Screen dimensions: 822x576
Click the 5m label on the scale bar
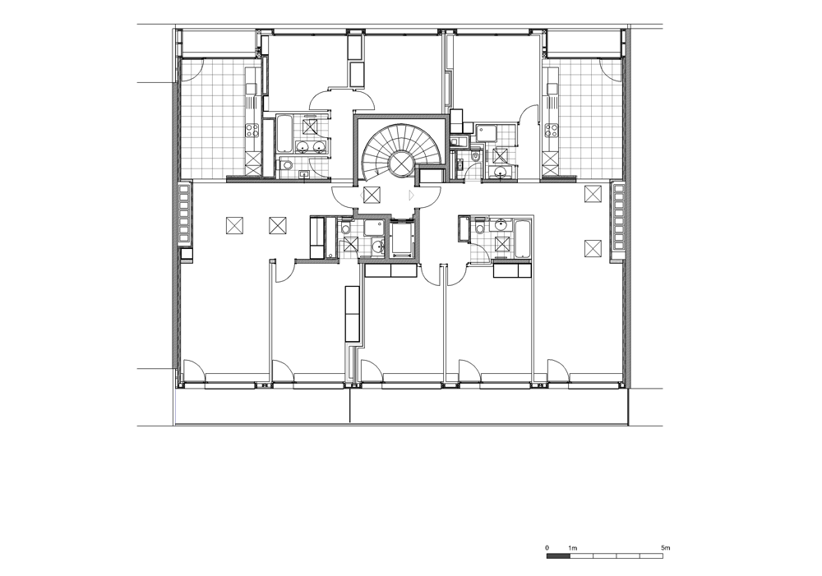666,548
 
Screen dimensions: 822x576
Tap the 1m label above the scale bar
573,548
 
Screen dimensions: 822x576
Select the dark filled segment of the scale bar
558,555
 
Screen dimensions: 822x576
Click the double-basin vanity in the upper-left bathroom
311,146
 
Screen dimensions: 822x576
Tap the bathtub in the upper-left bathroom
284,134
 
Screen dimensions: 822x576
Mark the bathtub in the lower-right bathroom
523,238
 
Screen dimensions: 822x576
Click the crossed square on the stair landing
372,195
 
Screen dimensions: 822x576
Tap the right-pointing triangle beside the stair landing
412,195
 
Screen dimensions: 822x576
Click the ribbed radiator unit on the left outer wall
184,214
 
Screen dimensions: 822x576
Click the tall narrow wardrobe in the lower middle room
353,314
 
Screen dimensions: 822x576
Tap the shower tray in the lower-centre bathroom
374,228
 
